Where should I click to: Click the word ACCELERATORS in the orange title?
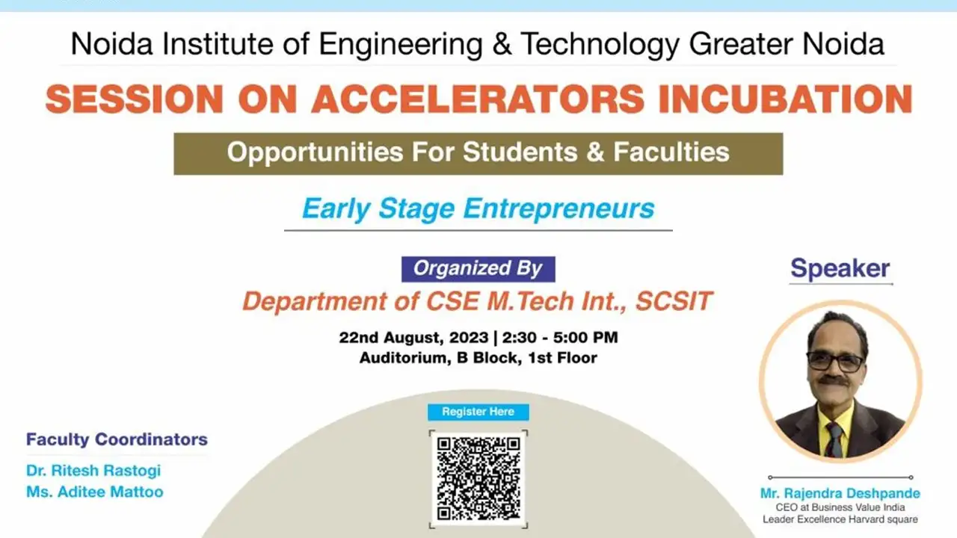click(478, 99)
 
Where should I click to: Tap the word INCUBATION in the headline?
click(785, 99)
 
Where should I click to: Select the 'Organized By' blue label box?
click(478, 269)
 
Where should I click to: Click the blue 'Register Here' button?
click(478, 412)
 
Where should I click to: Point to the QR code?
click(478, 478)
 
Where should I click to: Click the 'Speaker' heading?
click(840, 268)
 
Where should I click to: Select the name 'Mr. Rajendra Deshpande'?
click(840, 493)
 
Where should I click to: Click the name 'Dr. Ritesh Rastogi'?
click(93, 471)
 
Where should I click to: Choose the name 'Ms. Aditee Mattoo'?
click(95, 492)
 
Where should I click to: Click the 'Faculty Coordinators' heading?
click(117, 439)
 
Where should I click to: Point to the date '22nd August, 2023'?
click(413, 338)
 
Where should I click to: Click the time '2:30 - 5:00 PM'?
click(560, 337)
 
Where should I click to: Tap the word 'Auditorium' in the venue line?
click(405, 358)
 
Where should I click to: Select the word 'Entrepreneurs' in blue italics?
click(558, 208)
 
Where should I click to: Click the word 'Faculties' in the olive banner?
click(671, 152)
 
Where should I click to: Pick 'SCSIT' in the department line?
click(674, 301)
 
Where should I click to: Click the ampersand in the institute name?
click(502, 43)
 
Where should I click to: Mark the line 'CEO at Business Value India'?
click(840, 507)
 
